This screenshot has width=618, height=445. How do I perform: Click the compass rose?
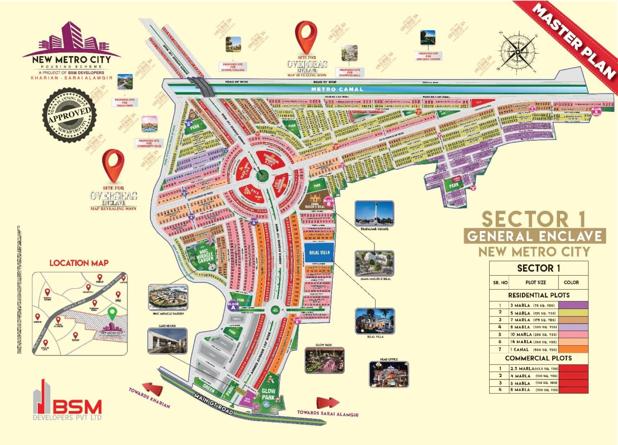point(517,52)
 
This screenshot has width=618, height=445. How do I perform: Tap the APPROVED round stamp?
point(69,115)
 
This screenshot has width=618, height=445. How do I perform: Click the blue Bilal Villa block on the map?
point(319,253)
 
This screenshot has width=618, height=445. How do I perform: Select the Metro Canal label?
point(337,89)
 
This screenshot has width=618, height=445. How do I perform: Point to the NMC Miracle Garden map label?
point(205,256)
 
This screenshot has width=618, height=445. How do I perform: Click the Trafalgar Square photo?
point(374,214)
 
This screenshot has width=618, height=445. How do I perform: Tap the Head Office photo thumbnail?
point(389,374)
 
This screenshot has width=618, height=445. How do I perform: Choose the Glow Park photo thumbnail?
point(324,360)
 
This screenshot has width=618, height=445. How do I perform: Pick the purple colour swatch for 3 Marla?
point(573,305)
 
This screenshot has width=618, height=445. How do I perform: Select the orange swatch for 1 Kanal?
point(573,349)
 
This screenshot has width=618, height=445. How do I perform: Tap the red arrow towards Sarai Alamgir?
point(328,403)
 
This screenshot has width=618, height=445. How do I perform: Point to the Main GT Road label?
point(213,404)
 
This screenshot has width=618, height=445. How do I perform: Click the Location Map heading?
point(79,263)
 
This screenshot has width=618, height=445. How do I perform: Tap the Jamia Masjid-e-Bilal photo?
point(374,264)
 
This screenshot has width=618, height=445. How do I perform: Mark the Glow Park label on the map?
point(268,394)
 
